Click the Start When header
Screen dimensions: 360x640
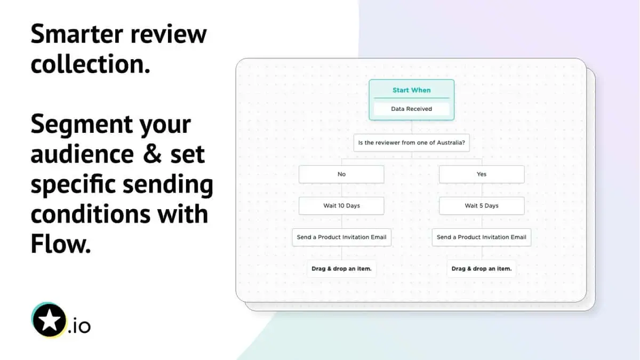pos(411,90)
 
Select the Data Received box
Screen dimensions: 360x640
pos(411,109)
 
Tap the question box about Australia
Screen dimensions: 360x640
pos(411,142)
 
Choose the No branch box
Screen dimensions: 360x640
pos(341,174)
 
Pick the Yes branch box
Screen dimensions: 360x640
pos(482,174)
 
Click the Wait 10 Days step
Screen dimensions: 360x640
pos(341,205)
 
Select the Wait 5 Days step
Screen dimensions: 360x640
pos(482,205)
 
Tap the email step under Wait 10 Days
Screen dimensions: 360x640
pos(341,237)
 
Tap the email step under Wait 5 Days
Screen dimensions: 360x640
pos(482,237)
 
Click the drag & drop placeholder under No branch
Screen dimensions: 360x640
pos(341,268)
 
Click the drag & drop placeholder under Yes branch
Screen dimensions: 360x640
pos(482,268)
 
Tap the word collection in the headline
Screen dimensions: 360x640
pos(90,65)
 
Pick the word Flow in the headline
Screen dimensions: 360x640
pos(59,244)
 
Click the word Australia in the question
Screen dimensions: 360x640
pos(451,142)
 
